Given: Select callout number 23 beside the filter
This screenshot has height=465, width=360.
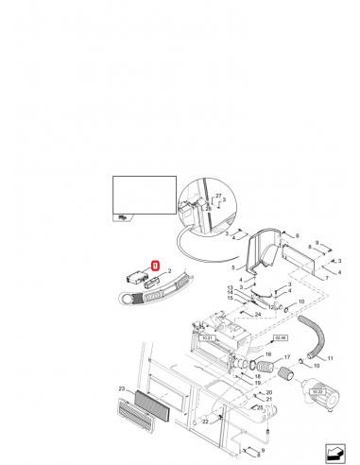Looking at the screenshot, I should coord(121,388).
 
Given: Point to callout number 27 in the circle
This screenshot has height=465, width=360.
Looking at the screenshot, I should coord(217,196).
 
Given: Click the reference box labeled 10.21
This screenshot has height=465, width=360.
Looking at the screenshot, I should coord(209,336).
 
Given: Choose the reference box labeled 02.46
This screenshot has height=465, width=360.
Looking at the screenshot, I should coord(280,336).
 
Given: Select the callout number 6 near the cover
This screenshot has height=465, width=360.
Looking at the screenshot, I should coord(297,235).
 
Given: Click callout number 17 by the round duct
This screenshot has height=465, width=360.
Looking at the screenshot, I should coord(287,358).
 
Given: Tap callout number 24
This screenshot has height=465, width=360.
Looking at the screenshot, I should coord(257,314).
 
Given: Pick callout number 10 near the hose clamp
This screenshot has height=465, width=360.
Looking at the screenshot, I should coord(300,302).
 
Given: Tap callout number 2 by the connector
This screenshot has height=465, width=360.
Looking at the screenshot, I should coord(168,272).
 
